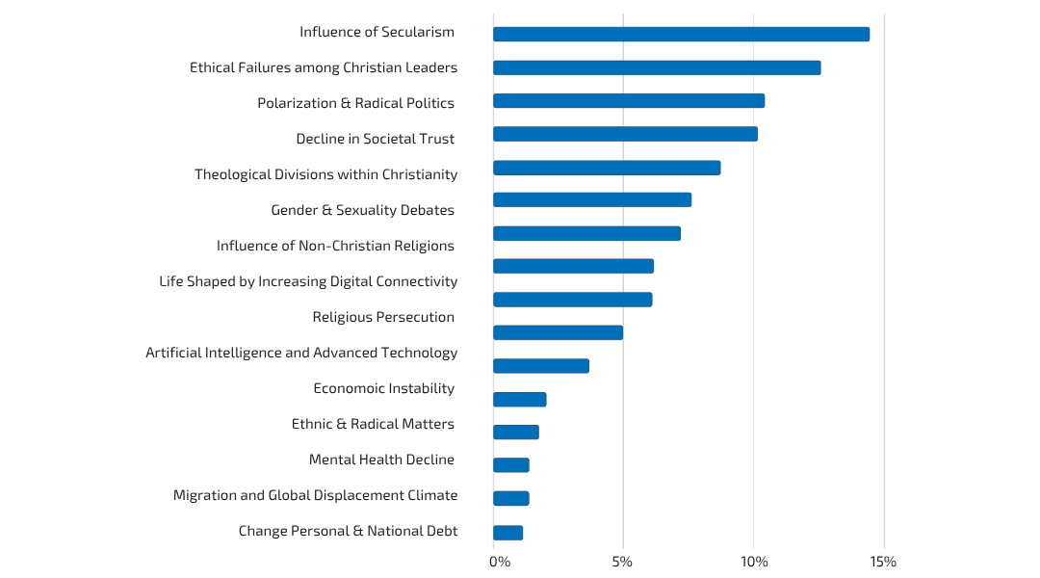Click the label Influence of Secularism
pos(377,32)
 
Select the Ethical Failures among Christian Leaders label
pos(324,67)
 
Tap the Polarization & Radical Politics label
pos(355,103)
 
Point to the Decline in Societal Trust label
pos(375,139)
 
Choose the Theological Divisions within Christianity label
pos(325,174)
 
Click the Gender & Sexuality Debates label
pos(362,210)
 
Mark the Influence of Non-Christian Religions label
pos(335,246)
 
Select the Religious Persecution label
pos(383,317)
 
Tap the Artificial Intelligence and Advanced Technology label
pos(301,353)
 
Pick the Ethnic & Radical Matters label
pos(373,424)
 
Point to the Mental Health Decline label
pos(381,460)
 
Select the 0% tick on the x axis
pos(500,562)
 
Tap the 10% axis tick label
pos(753,562)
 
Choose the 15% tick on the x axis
pos(883,562)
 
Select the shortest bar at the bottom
pos(507,533)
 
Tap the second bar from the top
pos(657,67)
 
